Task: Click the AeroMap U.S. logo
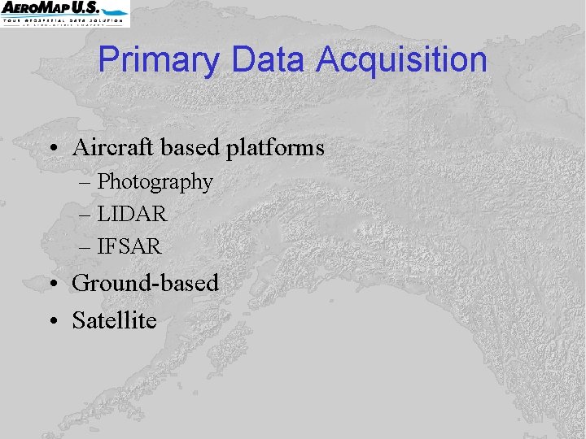64,13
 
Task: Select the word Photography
155,182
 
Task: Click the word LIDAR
132,215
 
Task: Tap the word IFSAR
129,246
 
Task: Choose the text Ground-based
146,283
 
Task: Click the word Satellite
114,320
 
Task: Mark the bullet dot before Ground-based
52,285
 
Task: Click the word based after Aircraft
192,148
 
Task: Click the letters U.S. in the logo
107,7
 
